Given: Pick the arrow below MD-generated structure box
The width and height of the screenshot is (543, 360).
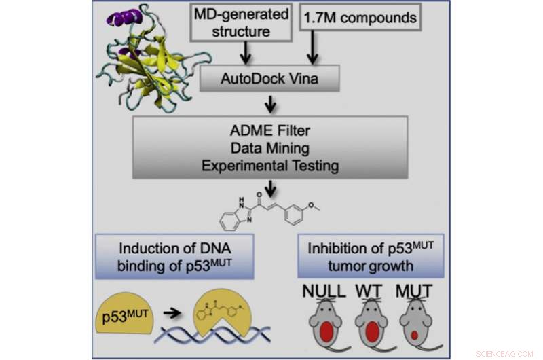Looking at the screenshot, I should tap(245, 53).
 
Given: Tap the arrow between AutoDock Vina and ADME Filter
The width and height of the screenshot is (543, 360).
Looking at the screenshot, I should tap(271, 103).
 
